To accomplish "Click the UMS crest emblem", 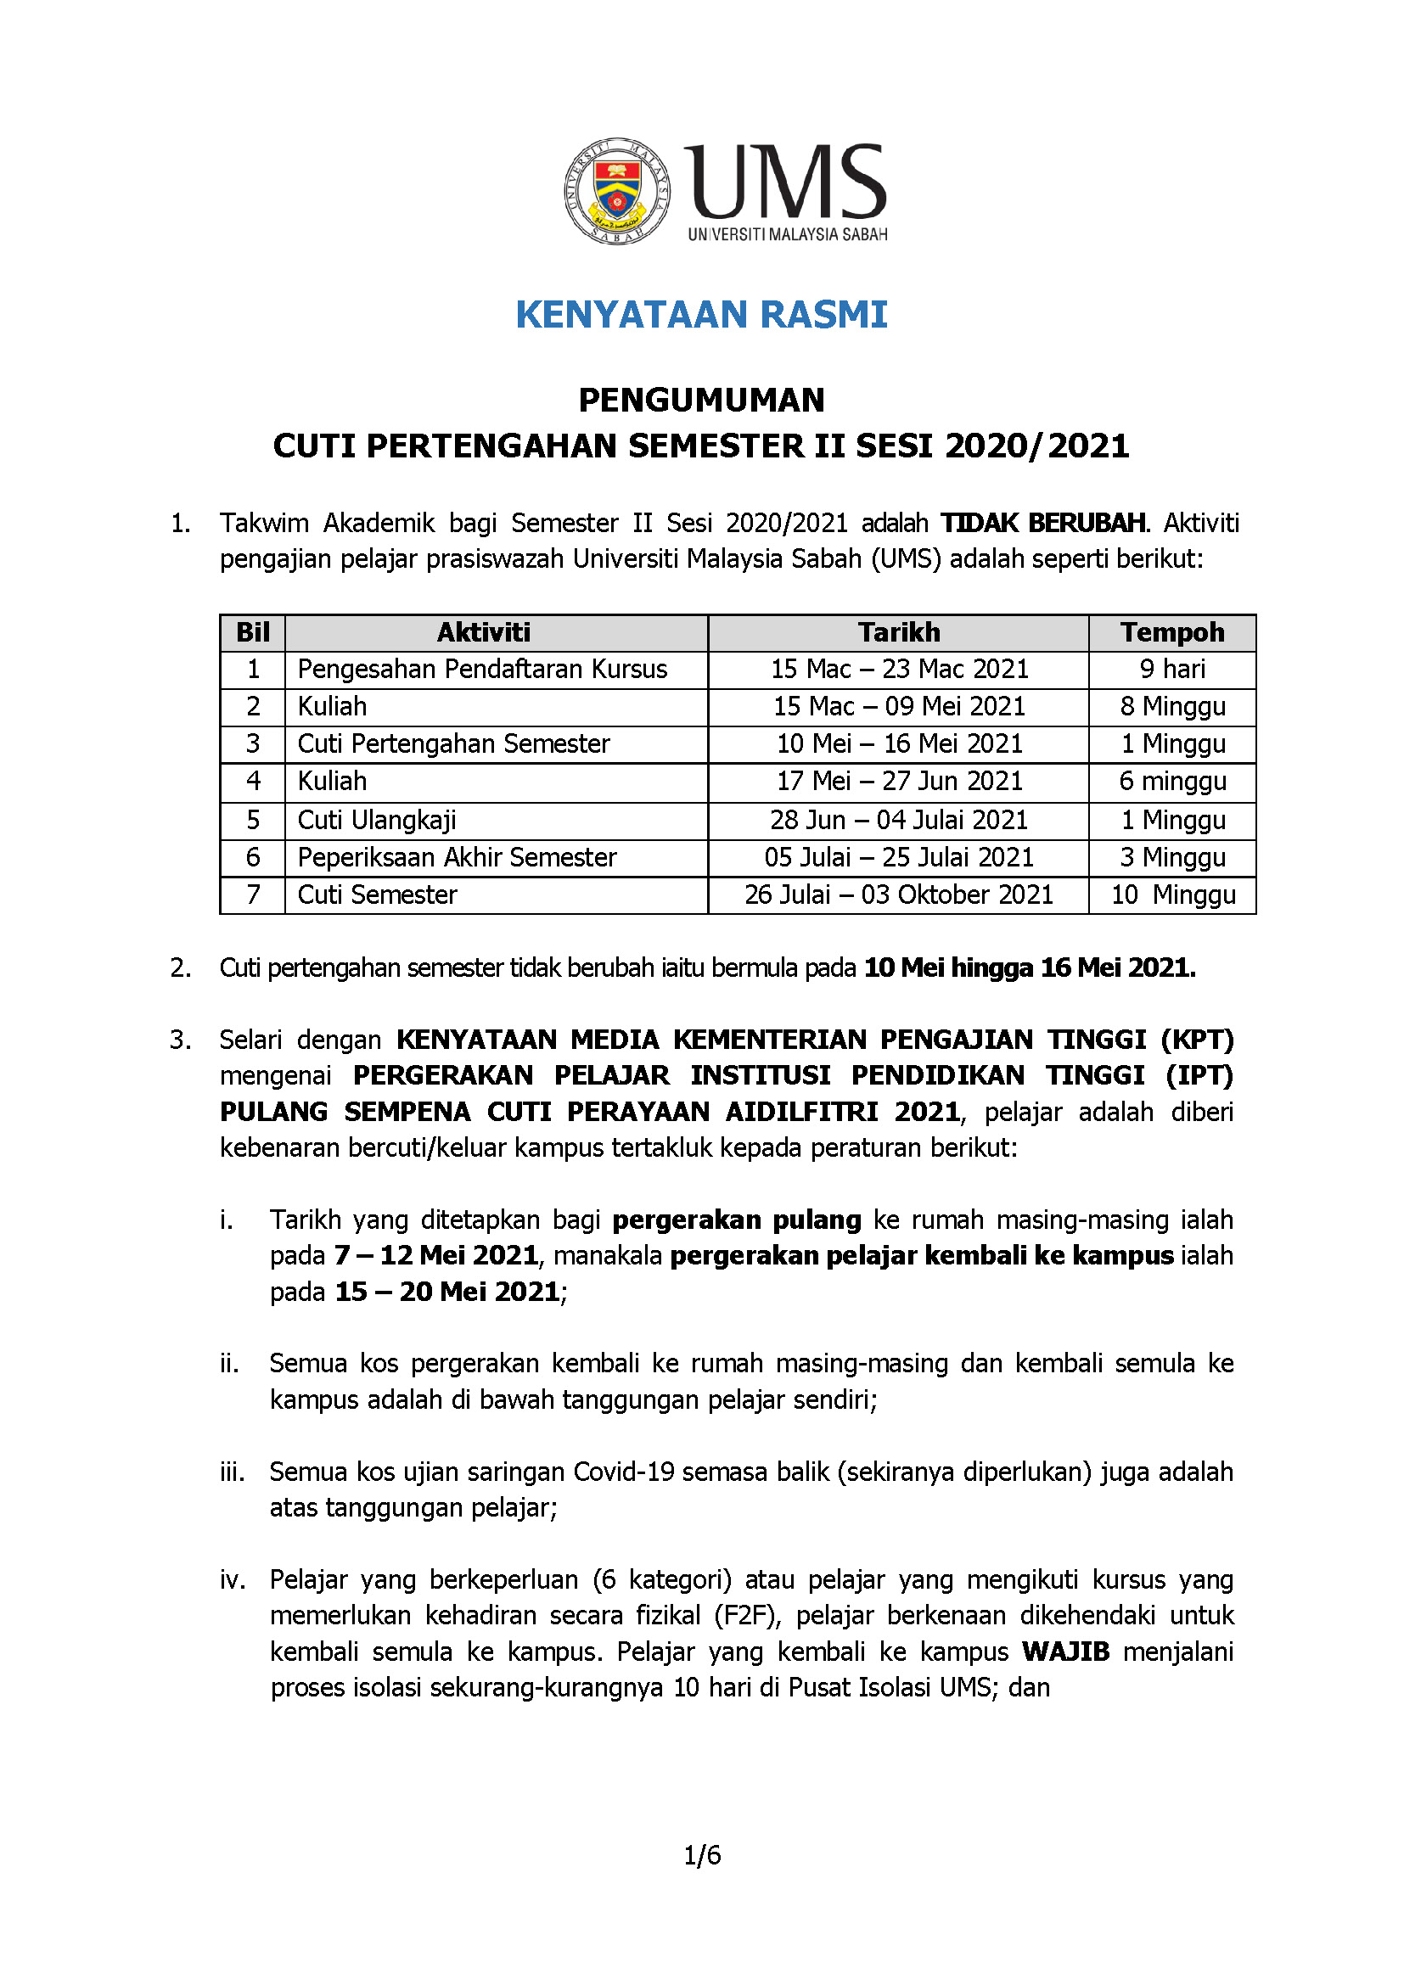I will pyautogui.click(x=617, y=190).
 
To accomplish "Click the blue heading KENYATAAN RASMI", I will pyautogui.click(x=701, y=315).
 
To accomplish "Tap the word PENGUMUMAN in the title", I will pyautogui.click(x=701, y=401).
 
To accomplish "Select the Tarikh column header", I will pyautogui.click(x=898, y=633).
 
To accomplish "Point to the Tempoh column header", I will pyautogui.click(x=1171, y=633).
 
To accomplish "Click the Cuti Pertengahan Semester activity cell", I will pyautogui.click(x=454, y=744).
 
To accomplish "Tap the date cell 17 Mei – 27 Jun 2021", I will pyautogui.click(x=899, y=782).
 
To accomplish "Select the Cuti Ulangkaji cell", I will pyautogui.click(x=377, y=821).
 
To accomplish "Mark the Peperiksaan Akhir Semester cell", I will pyautogui.click(x=458, y=858).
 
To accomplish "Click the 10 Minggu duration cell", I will pyautogui.click(x=1172, y=894).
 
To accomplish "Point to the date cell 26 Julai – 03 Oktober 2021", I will pyautogui.click(x=899, y=894).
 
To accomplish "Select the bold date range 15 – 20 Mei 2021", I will pyautogui.click(x=447, y=1292).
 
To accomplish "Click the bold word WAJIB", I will pyautogui.click(x=1065, y=1651).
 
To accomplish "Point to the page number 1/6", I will pyautogui.click(x=702, y=1855).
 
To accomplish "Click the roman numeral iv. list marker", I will pyautogui.click(x=233, y=1579).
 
